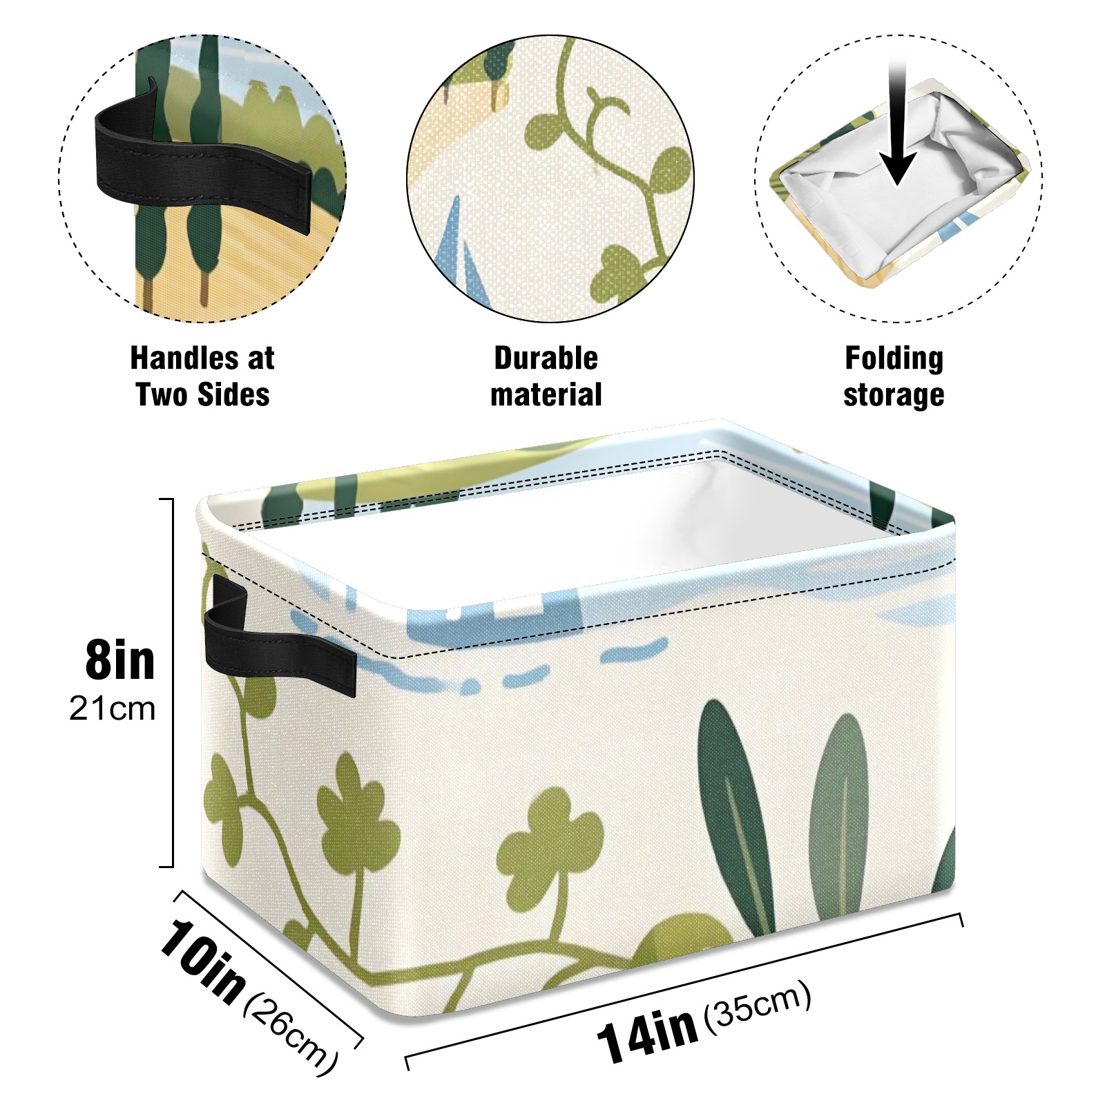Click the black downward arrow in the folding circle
tap(898, 124)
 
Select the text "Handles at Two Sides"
tap(202, 376)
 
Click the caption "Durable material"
tap(546, 376)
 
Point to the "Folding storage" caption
tap(894, 376)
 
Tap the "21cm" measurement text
tap(112, 709)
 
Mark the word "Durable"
tap(546, 358)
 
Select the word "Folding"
tap(894, 359)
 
